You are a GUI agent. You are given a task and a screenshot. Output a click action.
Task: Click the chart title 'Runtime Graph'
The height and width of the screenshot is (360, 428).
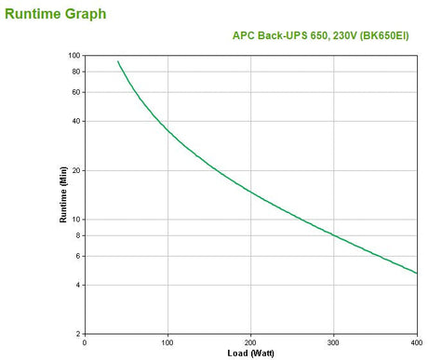(x=55, y=14)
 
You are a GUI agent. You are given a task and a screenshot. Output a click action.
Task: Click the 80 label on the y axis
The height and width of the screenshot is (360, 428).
(x=75, y=72)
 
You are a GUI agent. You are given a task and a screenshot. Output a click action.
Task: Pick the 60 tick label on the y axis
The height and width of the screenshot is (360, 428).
(x=75, y=92)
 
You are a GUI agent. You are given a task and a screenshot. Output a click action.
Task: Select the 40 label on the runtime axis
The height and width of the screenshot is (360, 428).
(x=75, y=121)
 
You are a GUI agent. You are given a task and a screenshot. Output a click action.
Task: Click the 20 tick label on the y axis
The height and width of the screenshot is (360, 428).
(x=75, y=170)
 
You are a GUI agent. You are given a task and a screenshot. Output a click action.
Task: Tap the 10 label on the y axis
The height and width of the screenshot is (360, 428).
(x=75, y=220)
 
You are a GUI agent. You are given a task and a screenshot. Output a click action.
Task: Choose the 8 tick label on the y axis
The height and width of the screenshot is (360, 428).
(x=77, y=235)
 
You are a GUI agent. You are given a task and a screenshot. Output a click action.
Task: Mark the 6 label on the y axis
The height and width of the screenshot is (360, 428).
(x=77, y=256)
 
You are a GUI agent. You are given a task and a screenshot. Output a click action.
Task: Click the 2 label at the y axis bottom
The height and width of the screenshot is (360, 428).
(x=77, y=333)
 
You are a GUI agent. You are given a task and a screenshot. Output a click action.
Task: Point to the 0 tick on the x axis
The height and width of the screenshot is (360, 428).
(x=85, y=341)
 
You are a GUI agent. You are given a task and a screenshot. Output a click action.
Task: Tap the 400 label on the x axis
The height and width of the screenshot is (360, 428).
(x=415, y=341)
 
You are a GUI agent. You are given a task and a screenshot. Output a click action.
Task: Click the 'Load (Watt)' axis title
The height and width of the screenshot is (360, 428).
(x=249, y=353)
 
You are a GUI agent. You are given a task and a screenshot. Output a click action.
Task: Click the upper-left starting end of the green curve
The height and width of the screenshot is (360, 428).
(x=118, y=62)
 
